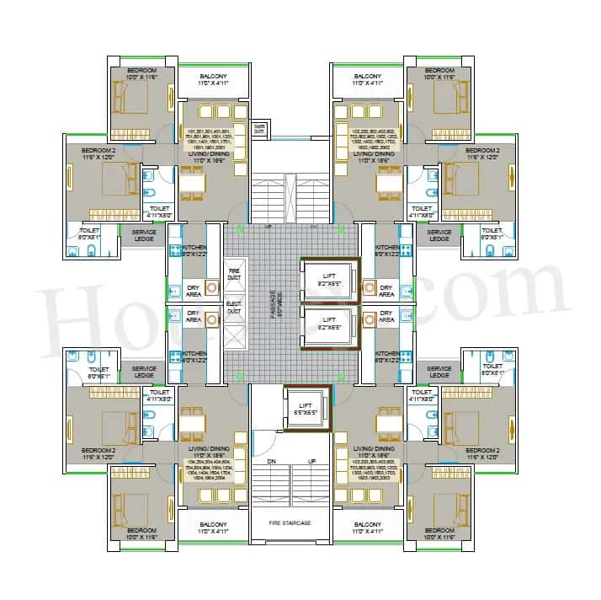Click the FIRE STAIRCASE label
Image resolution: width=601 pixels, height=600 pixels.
(x=290, y=523)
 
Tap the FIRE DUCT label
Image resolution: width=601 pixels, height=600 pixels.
(x=235, y=273)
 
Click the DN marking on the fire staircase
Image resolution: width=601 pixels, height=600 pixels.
(x=271, y=462)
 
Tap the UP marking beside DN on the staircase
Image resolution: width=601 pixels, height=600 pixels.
(x=312, y=462)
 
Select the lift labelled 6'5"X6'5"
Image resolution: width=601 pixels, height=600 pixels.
(x=306, y=406)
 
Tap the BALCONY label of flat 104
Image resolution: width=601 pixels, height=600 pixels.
(x=213, y=528)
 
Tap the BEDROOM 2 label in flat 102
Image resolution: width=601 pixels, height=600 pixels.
(x=486, y=154)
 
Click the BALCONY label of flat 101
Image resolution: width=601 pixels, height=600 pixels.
(x=213, y=80)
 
